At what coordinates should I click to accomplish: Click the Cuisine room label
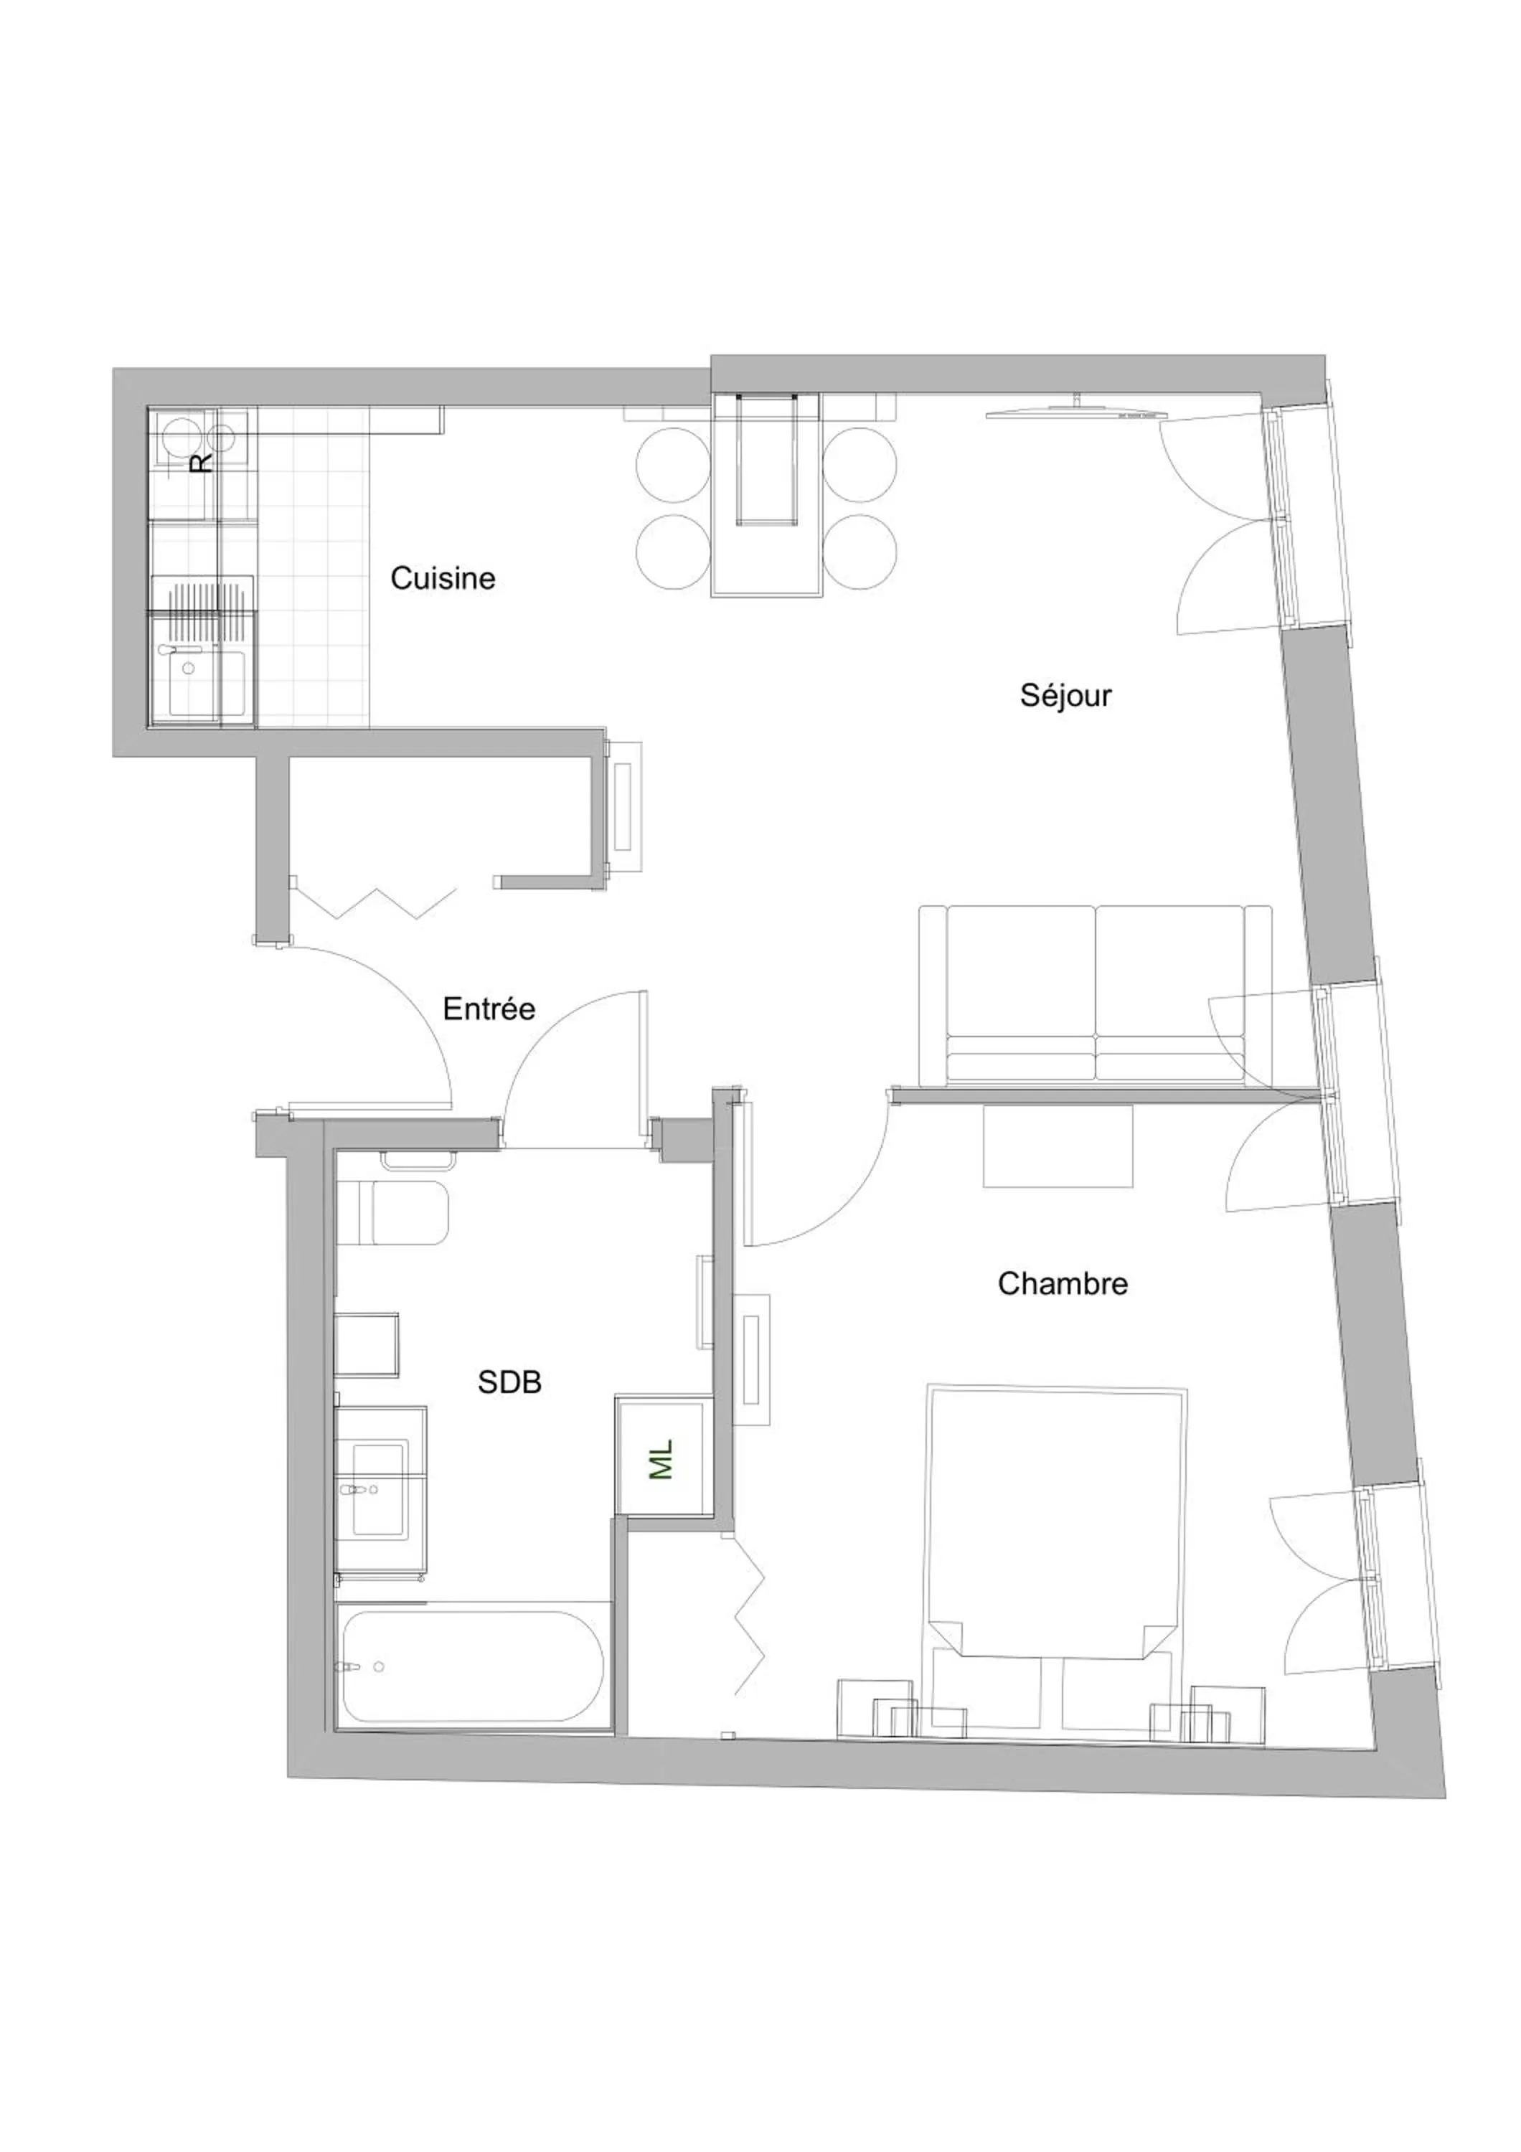tap(443, 578)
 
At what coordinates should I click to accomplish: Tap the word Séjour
tap(1065, 696)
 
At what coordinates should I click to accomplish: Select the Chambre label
tap(1062, 1283)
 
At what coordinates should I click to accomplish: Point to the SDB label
tap(509, 1382)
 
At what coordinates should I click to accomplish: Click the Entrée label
tap(489, 1009)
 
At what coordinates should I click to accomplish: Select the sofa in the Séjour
tap(1095, 996)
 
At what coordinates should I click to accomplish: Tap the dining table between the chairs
tap(766, 495)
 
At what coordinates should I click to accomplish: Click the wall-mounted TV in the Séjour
tap(1076, 412)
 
